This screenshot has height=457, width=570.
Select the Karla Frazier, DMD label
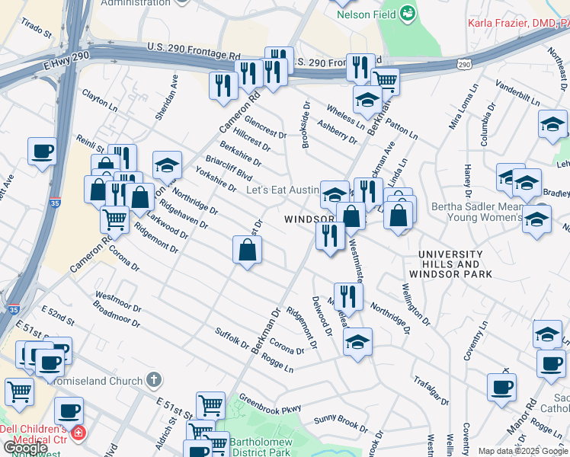517,23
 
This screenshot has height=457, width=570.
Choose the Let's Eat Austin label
281,190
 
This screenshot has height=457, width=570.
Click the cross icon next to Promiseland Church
154,379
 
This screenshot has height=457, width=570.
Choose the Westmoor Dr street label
118,302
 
